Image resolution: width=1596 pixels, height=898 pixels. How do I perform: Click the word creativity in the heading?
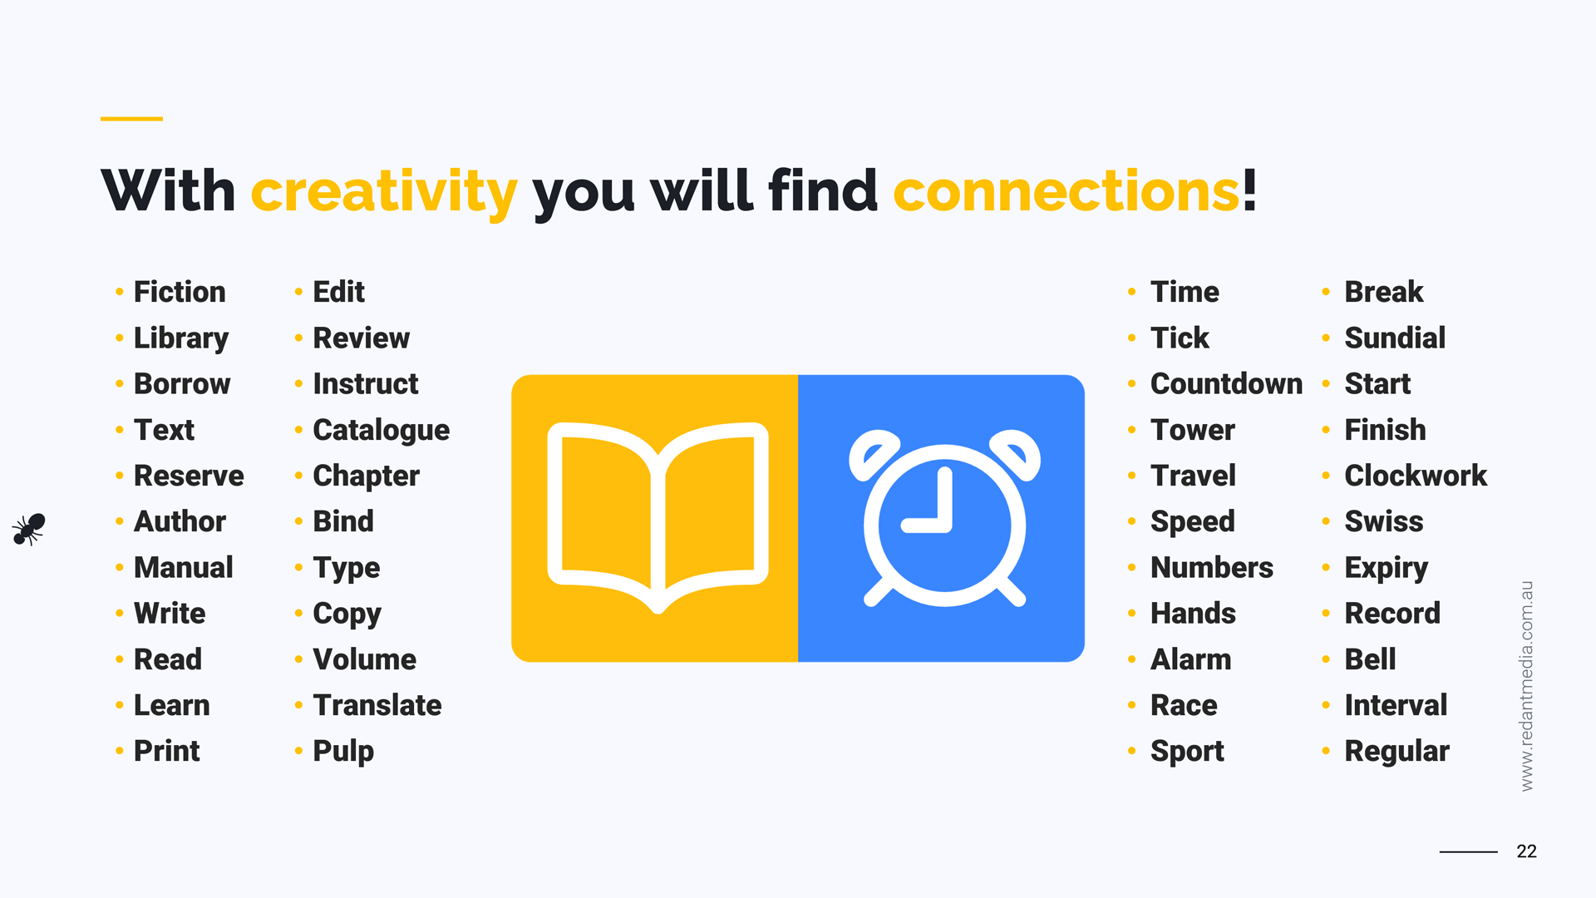384,192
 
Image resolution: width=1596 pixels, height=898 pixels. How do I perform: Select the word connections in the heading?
1066,191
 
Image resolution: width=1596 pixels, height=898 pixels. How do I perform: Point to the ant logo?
29,529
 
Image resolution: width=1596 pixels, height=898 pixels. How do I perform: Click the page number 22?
1526,851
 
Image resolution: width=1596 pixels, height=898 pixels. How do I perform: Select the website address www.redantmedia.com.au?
1526,686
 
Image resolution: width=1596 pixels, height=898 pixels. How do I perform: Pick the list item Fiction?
180,292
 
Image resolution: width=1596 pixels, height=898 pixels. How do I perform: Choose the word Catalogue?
381,430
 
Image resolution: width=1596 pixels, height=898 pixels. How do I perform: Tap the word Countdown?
1226,384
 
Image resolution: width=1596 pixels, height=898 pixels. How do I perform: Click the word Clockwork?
1415,476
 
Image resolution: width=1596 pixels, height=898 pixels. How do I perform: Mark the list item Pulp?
343,752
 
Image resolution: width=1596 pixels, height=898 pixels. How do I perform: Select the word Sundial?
1395,338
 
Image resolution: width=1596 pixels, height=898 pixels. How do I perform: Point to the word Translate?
377,705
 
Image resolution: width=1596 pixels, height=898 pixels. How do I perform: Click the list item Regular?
1396,752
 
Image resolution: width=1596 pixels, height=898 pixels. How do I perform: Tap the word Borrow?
182,384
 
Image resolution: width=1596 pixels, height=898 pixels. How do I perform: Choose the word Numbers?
1211,568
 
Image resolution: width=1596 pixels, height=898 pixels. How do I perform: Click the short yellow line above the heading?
131,119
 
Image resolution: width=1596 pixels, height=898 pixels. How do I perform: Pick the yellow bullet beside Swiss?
1326,522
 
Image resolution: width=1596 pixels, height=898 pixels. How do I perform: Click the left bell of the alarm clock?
873,453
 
